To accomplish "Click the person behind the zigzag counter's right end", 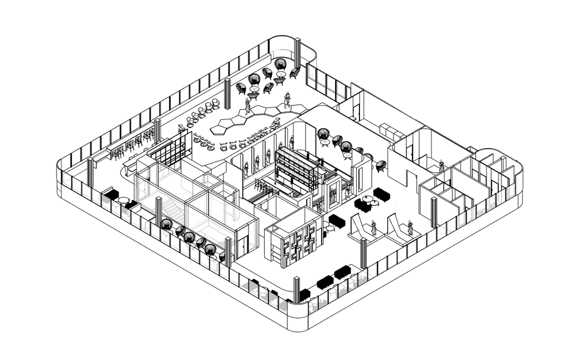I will [287, 100].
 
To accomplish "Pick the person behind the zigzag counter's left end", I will [247, 106].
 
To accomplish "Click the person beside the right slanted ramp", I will [410, 227].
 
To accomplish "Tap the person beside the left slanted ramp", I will [374, 227].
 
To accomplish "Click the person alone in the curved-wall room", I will [442, 166].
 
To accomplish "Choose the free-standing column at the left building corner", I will [90, 173].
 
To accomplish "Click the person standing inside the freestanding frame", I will [333, 195].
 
